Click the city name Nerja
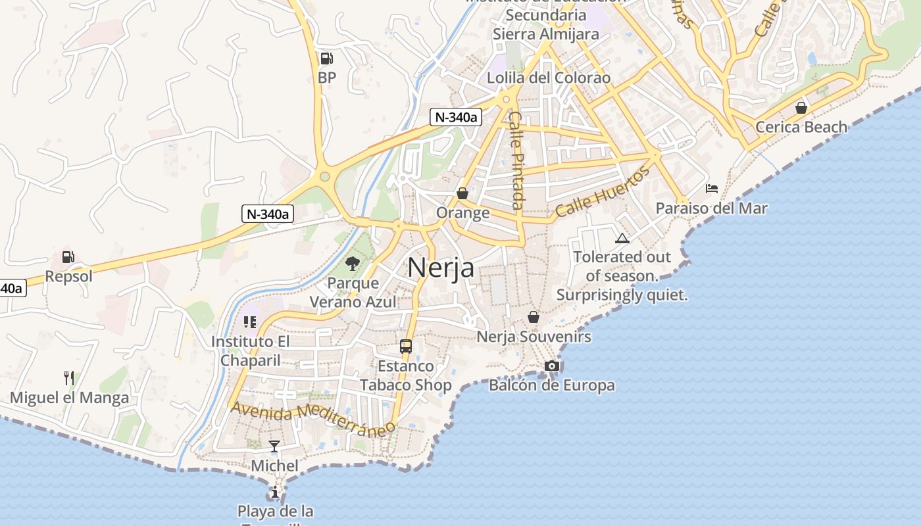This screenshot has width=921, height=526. [441, 268]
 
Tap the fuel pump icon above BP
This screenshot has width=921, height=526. [326, 59]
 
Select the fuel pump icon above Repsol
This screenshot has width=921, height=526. [68, 257]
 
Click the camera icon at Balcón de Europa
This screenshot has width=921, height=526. [552, 366]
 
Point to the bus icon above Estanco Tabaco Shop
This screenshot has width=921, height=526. [406, 346]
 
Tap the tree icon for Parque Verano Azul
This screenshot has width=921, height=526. [353, 264]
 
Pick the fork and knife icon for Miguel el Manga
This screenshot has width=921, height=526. [69, 378]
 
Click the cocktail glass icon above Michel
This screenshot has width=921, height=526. [274, 446]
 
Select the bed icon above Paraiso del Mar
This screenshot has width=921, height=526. [712, 189]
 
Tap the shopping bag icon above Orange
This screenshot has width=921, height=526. [462, 193]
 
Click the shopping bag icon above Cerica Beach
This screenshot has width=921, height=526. [801, 107]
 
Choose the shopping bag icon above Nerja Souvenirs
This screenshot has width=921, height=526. [534, 317]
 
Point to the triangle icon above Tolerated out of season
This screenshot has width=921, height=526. [622, 237]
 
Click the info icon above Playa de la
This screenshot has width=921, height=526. [274, 491]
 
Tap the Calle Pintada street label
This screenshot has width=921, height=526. [518, 160]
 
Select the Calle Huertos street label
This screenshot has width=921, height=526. [603, 192]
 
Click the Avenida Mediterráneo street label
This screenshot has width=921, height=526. [313, 419]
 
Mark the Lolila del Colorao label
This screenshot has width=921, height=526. [549, 78]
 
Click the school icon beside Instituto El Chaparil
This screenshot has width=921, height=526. [249, 322]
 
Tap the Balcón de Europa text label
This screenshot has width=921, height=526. [552, 385]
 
